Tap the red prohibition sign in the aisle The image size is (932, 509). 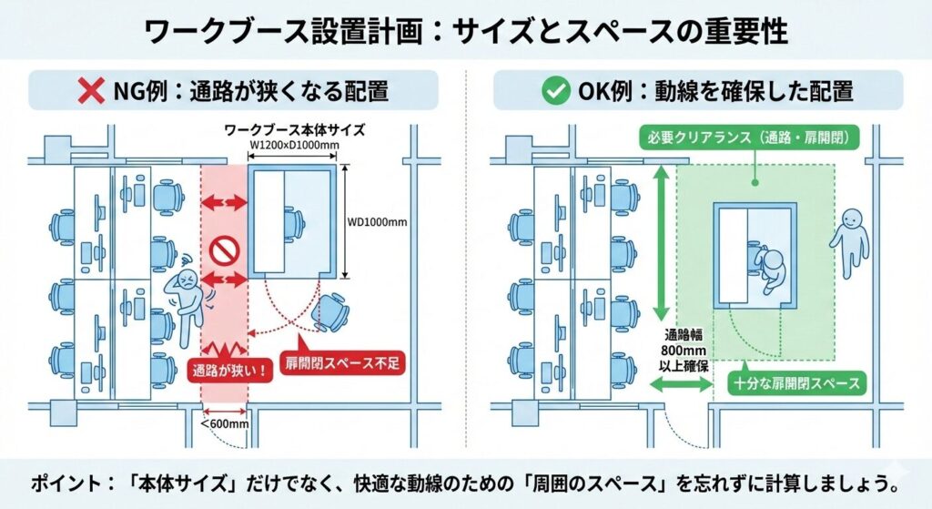222,249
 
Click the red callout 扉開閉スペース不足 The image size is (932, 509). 341,362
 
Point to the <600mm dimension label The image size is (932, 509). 224,422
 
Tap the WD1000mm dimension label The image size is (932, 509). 377,220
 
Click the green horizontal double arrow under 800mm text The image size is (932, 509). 680,386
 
